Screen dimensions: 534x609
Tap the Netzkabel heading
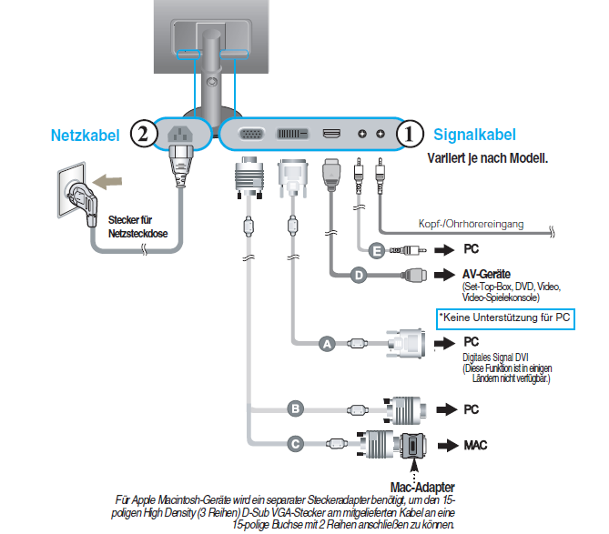pyautogui.click(x=86, y=136)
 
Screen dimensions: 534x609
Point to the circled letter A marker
pyautogui.click(x=327, y=343)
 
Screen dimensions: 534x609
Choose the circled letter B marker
pyautogui.click(x=294, y=409)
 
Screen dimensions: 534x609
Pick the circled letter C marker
pyautogui.click(x=294, y=444)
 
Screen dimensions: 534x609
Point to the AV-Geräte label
pyautogui.click(x=486, y=274)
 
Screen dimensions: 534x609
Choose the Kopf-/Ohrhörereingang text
pyautogui.click(x=482, y=224)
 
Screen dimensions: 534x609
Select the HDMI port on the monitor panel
pyautogui.click(x=331, y=135)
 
